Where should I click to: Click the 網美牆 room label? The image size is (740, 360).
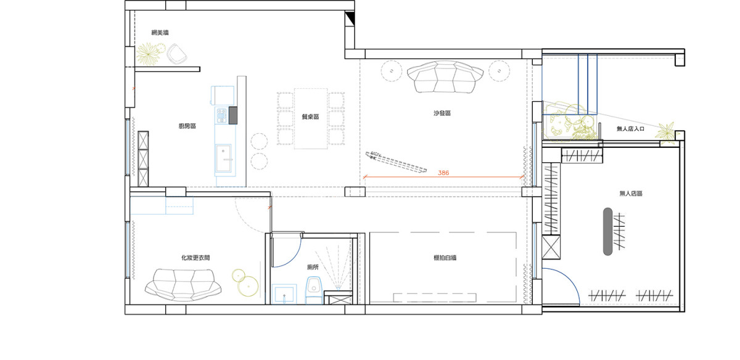pyautogui.click(x=160, y=33)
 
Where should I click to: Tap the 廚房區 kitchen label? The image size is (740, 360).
pyautogui.click(x=187, y=126)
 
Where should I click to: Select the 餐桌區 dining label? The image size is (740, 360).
pyautogui.click(x=311, y=117)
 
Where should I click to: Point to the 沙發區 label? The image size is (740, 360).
pyautogui.click(x=442, y=113)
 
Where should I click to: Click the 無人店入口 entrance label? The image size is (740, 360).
pyautogui.click(x=630, y=128)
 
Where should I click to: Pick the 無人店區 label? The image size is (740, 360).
pyautogui.click(x=631, y=193)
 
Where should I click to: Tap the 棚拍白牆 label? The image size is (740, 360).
pyautogui.click(x=445, y=258)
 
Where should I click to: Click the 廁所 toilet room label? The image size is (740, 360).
pyautogui.click(x=313, y=267)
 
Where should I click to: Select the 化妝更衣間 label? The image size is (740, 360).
pyautogui.click(x=195, y=258)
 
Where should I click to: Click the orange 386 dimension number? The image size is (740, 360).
pyautogui.click(x=443, y=173)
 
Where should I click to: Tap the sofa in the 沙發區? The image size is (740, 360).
pyautogui.click(x=445, y=76)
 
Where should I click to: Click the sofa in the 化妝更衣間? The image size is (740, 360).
pyautogui.click(x=183, y=285)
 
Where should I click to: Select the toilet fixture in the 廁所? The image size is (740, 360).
pyautogui.click(x=314, y=290)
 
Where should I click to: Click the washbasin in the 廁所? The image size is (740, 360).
pyautogui.click(x=284, y=294)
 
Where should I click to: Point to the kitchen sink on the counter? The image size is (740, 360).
pyautogui.click(x=224, y=158)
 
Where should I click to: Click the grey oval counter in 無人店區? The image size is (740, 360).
pyautogui.click(x=607, y=232)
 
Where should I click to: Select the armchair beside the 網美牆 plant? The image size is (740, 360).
pyautogui.click(x=177, y=54)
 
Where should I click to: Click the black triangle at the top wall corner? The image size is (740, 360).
pyautogui.click(x=350, y=17)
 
